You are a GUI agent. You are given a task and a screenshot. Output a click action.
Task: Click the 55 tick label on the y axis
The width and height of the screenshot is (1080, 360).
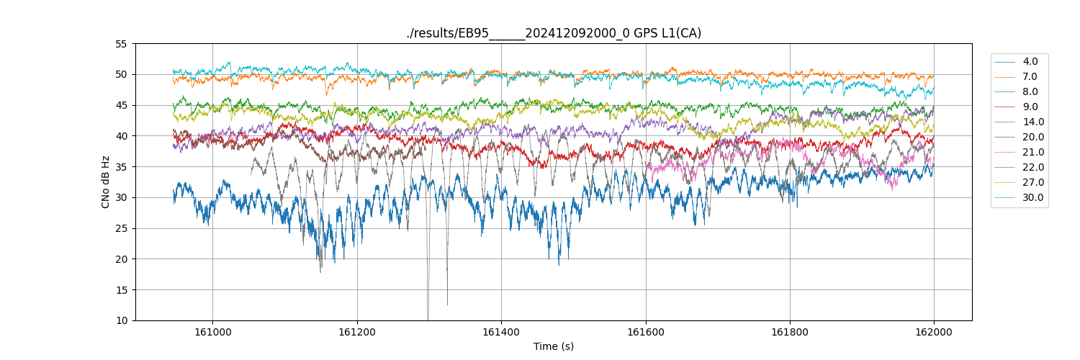pos(121,44)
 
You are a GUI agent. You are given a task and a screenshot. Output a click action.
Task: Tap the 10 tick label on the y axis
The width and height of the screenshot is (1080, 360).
pos(121,320)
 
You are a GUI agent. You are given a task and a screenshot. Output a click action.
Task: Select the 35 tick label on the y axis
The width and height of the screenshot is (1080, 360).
pos(121,167)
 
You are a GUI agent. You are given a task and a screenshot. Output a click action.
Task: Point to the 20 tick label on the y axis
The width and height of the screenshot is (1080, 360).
pos(121,259)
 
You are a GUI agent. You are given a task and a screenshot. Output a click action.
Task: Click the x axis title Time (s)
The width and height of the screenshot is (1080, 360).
pos(553,346)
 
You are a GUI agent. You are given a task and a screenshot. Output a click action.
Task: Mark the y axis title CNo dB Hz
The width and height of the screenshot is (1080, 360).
pos(106,182)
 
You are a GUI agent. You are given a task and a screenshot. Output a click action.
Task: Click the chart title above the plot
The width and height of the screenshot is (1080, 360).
pos(553,33)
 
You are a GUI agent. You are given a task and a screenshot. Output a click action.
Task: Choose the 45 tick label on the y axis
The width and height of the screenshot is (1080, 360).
pos(121,105)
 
